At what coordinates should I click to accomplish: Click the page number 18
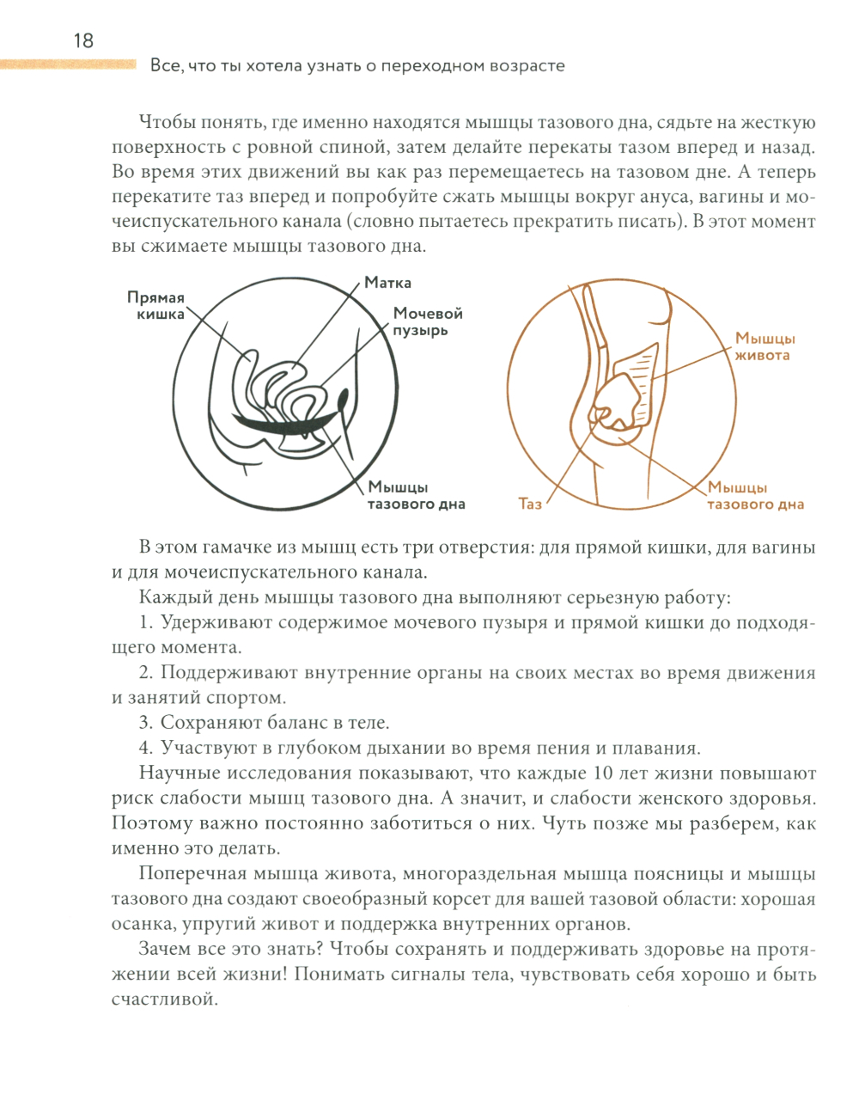tap(83, 40)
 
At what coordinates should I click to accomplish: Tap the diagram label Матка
tap(387, 283)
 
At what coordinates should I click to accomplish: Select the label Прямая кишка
tap(156, 306)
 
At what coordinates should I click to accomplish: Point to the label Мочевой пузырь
tap(428, 321)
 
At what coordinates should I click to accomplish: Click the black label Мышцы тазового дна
tap(416, 496)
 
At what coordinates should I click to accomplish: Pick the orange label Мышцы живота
tap(765, 346)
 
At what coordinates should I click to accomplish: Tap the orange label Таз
tap(530, 504)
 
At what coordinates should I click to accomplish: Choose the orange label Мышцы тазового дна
tap(755, 496)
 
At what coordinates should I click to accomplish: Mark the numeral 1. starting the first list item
tap(146, 623)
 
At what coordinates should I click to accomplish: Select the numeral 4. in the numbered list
tap(146, 749)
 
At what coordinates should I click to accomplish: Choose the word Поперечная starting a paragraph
tap(192, 874)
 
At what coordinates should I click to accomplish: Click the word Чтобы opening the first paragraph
tap(166, 123)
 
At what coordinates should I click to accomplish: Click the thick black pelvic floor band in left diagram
tap(283, 425)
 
